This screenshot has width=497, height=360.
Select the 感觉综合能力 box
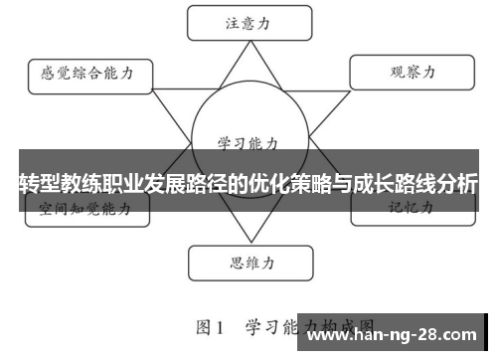[x=87, y=74]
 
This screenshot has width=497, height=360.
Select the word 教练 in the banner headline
[x=83, y=184]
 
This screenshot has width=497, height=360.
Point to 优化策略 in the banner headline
[x=294, y=184]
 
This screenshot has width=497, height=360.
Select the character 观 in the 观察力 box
[x=393, y=74]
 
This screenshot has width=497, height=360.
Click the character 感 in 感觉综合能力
[x=47, y=74]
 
